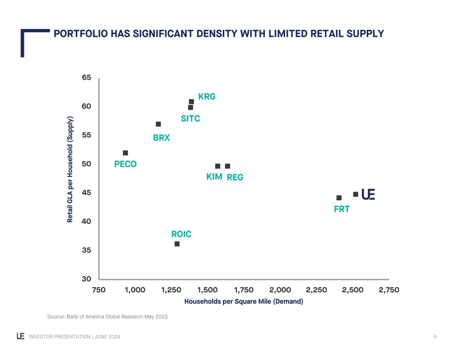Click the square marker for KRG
click(x=192, y=102)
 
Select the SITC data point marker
click(x=190, y=107)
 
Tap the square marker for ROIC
click(x=177, y=244)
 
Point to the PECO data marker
click(x=125, y=153)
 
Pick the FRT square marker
click(x=339, y=198)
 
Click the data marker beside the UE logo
click(x=355, y=194)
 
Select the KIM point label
click(x=214, y=177)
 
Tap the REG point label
click(x=235, y=177)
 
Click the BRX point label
click(x=161, y=138)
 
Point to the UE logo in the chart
click(x=368, y=194)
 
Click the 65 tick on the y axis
click(x=87, y=77)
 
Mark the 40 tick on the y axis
click(x=87, y=221)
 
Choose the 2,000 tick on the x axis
click(x=280, y=290)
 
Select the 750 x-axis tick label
click(x=99, y=290)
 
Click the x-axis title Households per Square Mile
click(x=244, y=302)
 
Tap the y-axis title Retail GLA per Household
click(x=70, y=170)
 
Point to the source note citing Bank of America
click(x=107, y=317)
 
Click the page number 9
click(x=435, y=337)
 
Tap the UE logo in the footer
click(x=20, y=336)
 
